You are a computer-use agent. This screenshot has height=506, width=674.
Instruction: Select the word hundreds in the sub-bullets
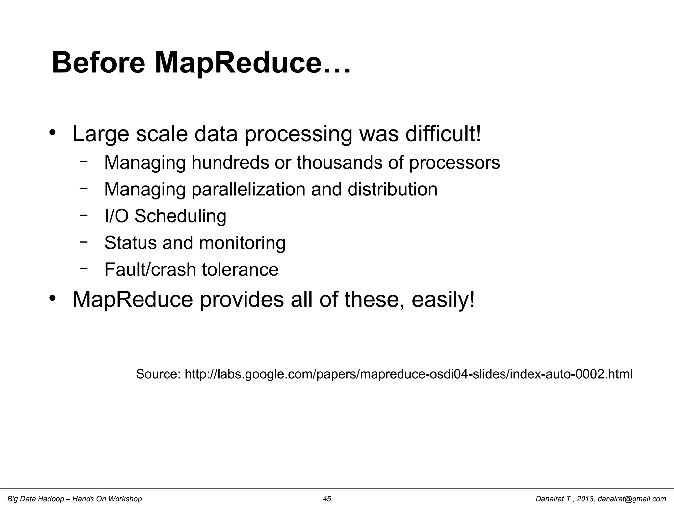click(230, 162)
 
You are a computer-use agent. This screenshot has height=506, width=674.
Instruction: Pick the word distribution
click(392, 189)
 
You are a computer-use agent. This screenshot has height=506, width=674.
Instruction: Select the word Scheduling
click(180, 217)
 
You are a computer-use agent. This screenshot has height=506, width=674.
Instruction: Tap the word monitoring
click(242, 243)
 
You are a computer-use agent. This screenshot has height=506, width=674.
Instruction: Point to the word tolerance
click(240, 269)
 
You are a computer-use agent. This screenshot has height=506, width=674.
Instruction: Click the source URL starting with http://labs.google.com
click(408, 374)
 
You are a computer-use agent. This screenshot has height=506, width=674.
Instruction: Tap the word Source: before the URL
click(158, 374)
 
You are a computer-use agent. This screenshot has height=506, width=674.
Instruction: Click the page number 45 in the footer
click(327, 499)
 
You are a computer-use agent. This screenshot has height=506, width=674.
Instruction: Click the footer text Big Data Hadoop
click(36, 499)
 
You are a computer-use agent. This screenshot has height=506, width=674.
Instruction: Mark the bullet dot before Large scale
click(52, 133)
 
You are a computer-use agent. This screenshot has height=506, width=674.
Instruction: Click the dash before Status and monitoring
click(84, 242)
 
